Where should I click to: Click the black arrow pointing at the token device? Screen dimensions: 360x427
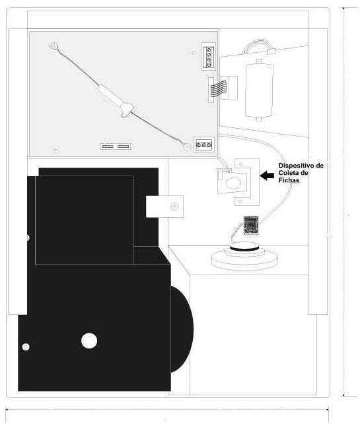point(267,176)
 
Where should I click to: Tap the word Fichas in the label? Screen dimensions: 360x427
point(289,180)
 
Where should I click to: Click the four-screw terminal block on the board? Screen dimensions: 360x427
point(209,57)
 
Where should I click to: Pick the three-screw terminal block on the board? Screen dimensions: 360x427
point(203,145)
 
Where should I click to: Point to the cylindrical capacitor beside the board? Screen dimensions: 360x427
point(259,90)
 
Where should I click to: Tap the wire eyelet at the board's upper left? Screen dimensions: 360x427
point(54,46)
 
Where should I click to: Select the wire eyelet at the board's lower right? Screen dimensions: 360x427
point(187,147)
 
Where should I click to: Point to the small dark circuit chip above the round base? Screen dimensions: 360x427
point(251,225)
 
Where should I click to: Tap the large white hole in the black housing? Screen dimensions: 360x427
point(89,341)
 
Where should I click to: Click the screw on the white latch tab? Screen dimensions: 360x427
point(174,207)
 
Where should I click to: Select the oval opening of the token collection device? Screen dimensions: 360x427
point(234,183)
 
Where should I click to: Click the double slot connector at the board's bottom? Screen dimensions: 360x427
point(116,147)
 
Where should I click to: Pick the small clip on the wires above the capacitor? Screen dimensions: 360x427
point(271,51)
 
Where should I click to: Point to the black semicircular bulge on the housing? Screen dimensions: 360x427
point(182,329)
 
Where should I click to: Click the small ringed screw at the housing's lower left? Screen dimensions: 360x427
point(26,347)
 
